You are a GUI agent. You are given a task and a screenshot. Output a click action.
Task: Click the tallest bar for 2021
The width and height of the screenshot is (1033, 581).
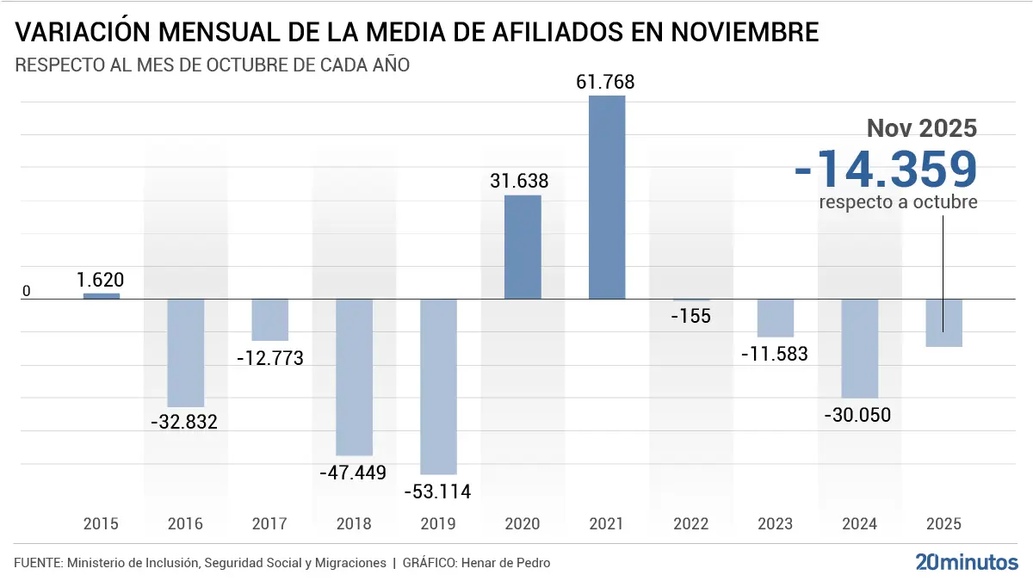(607, 197)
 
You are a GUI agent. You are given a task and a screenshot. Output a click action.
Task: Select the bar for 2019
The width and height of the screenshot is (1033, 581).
(439, 386)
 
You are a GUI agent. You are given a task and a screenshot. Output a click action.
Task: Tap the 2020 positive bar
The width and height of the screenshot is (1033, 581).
(523, 247)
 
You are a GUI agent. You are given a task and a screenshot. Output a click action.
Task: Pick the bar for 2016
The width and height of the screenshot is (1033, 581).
(186, 353)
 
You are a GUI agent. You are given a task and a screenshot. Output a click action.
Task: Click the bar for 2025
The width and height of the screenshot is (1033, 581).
(943, 323)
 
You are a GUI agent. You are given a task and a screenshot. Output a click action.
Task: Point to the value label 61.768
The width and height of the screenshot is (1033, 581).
(605, 83)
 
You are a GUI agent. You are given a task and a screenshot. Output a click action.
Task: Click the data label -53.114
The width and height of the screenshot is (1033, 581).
(439, 491)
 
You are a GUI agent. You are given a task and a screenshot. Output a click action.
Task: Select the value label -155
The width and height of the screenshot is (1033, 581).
(690, 316)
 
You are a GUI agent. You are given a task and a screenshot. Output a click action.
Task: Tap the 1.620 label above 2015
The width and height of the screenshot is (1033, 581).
(101, 280)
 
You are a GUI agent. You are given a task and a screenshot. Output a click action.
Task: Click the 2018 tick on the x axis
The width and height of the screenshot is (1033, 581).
(354, 523)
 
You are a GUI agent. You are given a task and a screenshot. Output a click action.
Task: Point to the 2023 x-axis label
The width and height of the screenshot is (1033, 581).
(775, 523)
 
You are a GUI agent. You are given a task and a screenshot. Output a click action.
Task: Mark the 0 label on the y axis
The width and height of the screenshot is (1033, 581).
(26, 292)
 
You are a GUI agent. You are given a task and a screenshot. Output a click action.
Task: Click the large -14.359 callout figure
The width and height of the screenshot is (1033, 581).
(886, 169)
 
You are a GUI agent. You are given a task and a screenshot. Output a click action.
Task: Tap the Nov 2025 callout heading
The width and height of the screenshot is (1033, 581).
(921, 128)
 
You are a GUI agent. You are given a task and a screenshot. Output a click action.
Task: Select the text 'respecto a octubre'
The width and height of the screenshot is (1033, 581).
(898, 202)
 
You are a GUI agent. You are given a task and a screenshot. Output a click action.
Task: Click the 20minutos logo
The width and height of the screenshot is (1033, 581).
(966, 563)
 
